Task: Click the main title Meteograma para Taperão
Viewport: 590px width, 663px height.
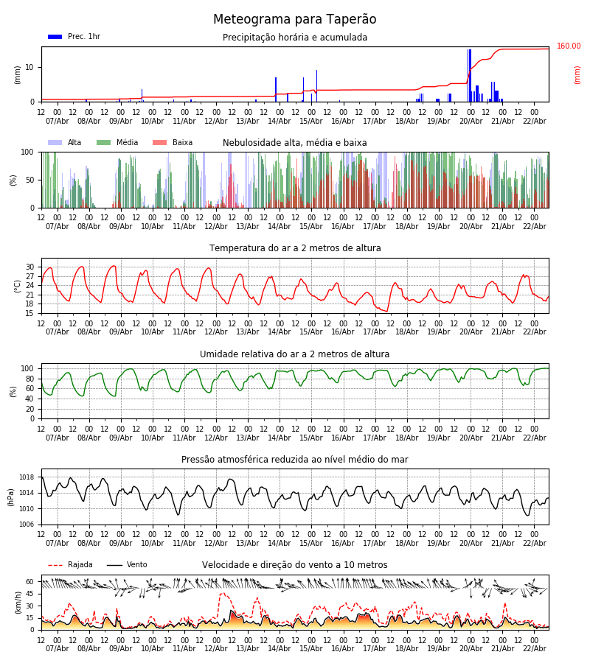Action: pos(295,20)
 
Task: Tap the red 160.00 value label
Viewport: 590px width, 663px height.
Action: pos(569,46)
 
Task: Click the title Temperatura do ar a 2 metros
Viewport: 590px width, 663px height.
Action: pos(295,248)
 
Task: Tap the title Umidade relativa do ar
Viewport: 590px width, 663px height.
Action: pos(295,354)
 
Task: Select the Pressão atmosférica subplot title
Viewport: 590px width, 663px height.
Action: pos(295,460)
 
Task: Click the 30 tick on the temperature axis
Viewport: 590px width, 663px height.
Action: pos(30,267)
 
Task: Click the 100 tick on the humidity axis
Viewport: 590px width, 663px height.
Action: pos(28,368)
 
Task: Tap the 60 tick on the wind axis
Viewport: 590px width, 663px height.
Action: pos(30,581)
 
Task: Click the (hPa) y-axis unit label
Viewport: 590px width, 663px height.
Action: pos(12,497)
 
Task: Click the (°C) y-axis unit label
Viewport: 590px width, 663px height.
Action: pos(18,286)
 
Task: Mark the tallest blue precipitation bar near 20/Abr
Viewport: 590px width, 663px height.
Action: pos(470,74)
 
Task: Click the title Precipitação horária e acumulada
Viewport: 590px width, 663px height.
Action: pos(295,38)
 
